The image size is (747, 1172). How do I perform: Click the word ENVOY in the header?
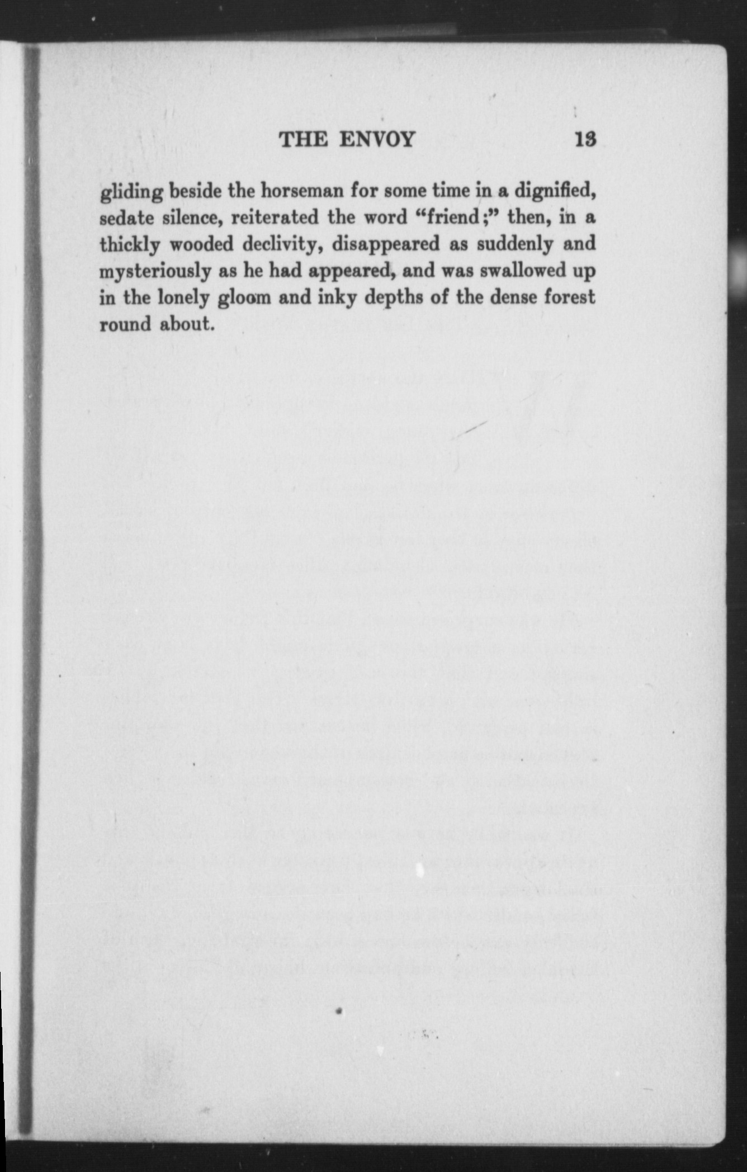pos(377,139)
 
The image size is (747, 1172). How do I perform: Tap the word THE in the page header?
pos(304,139)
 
